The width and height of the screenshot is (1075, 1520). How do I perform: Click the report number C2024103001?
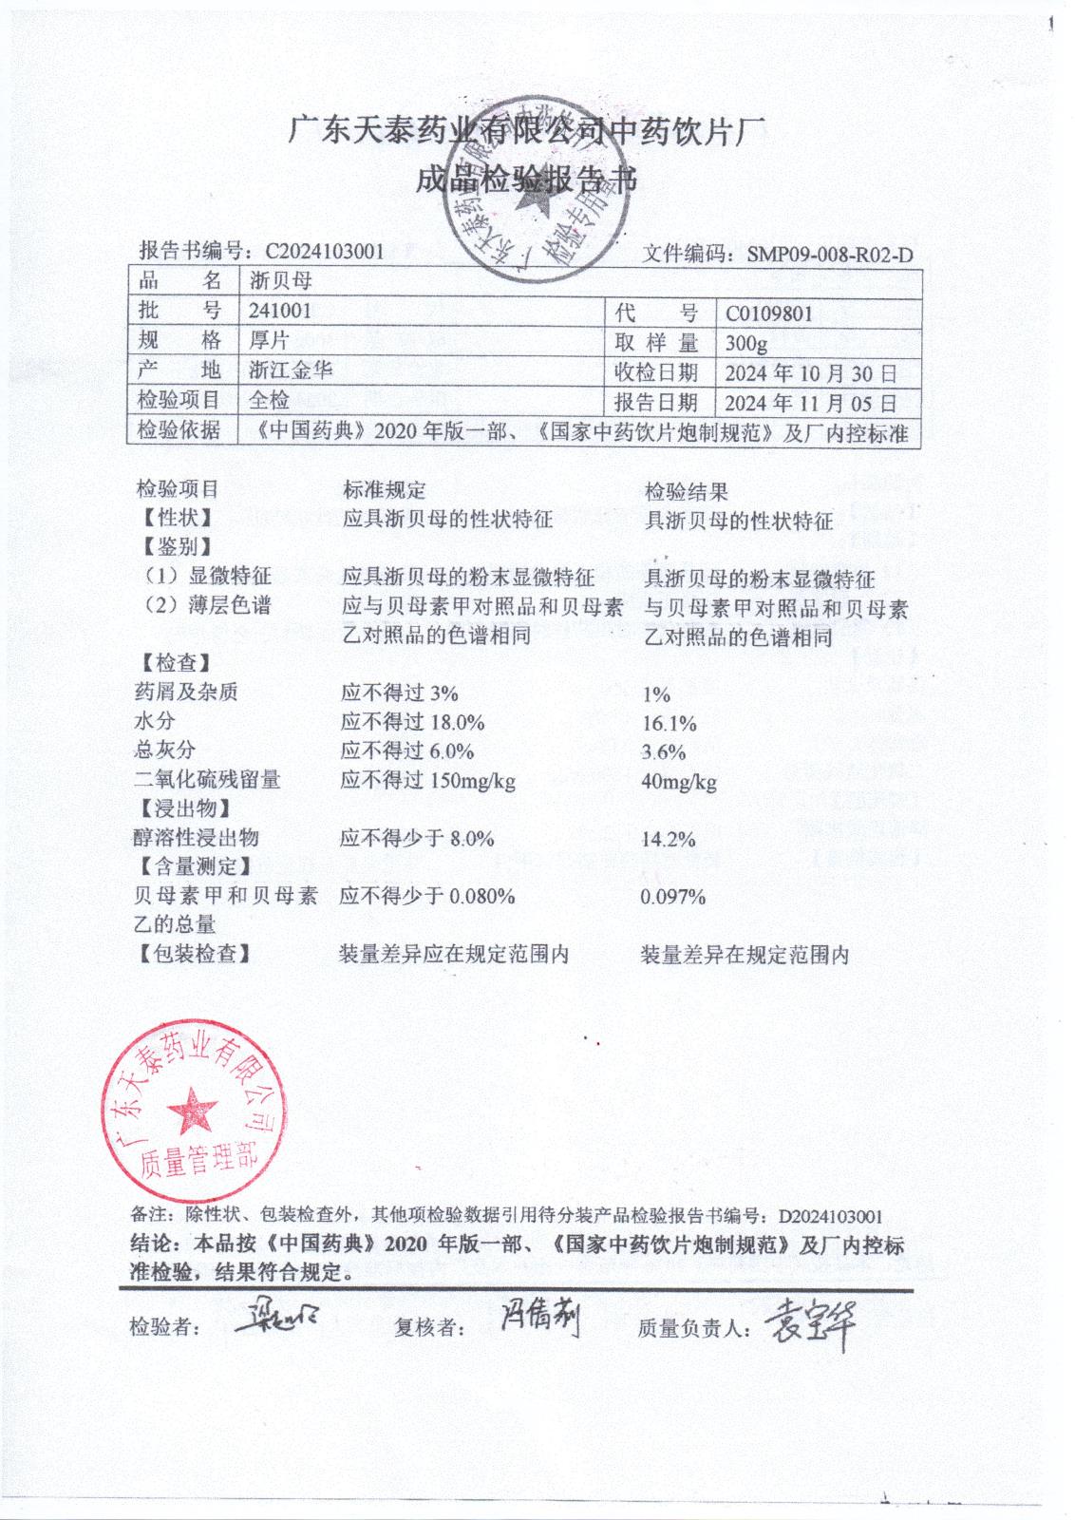(x=325, y=251)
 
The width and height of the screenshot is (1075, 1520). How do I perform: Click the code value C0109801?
(x=769, y=313)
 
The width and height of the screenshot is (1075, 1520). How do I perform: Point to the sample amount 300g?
(x=745, y=343)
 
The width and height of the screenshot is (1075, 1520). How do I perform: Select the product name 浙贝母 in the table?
(x=280, y=281)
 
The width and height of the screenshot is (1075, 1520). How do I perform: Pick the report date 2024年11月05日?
(x=810, y=403)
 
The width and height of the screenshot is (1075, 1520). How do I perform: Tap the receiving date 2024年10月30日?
(x=810, y=372)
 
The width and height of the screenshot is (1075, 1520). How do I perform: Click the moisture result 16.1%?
(x=670, y=724)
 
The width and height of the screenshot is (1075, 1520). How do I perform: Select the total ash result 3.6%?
(x=664, y=752)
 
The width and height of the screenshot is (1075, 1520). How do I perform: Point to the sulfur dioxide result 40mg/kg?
(x=679, y=783)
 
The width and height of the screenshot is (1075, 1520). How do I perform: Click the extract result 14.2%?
(x=669, y=840)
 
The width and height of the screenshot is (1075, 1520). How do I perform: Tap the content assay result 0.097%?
(x=673, y=897)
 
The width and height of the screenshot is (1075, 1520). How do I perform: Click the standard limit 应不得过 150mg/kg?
(x=428, y=781)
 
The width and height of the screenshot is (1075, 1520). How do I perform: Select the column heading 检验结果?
(x=687, y=491)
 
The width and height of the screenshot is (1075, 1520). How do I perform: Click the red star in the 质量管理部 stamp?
(x=193, y=1110)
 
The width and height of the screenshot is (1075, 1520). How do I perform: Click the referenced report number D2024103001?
(x=831, y=1216)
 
